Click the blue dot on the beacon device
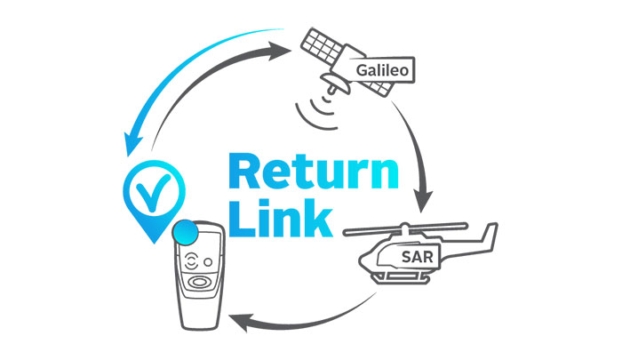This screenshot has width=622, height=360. click(x=186, y=233)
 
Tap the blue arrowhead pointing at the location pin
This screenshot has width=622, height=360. click(x=133, y=141)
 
